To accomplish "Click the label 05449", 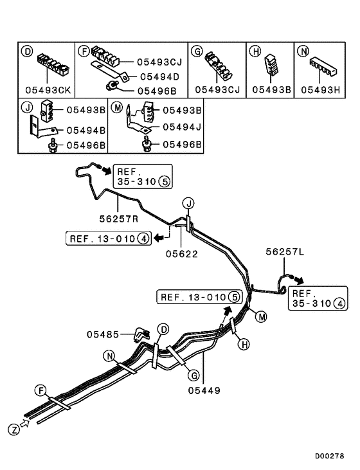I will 204,390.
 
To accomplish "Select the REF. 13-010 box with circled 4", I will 108,239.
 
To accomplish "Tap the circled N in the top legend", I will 301,50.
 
